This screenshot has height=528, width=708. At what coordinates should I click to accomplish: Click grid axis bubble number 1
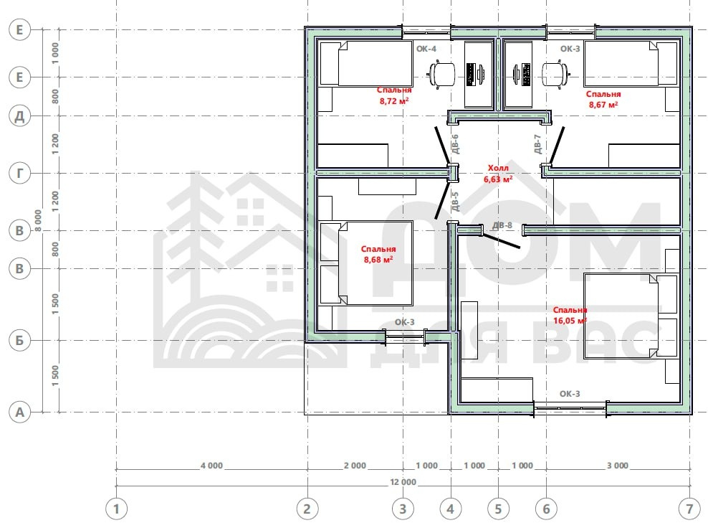116,509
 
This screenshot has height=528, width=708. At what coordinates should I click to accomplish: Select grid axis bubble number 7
689,509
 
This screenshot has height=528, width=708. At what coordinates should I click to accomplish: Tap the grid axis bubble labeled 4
451,509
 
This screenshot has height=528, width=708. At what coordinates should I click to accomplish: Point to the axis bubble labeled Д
19,116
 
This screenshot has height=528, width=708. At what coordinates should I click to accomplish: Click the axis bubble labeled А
19,412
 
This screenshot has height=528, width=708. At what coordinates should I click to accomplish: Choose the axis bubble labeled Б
19,340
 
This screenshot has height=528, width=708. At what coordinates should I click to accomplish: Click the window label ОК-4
426,49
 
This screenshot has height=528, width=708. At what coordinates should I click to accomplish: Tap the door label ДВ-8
502,225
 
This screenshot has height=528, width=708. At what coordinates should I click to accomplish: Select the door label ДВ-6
455,143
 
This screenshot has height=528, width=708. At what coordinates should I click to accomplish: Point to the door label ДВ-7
537,143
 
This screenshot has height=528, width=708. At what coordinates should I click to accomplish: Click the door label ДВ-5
455,202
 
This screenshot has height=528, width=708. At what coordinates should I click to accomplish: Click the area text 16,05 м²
570,321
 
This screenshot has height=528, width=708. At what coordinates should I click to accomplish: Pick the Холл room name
498,168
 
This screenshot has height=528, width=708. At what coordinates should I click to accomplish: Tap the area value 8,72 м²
394,101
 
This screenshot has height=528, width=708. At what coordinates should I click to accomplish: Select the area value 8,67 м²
603,105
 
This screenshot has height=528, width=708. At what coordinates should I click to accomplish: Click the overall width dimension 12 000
403,482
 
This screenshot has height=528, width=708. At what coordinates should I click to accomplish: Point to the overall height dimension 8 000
39,220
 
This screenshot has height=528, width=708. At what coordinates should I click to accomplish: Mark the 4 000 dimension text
212,466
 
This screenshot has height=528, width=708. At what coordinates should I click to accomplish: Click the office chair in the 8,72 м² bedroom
441,74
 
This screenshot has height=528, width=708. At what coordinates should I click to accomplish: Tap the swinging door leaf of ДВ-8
501,241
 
